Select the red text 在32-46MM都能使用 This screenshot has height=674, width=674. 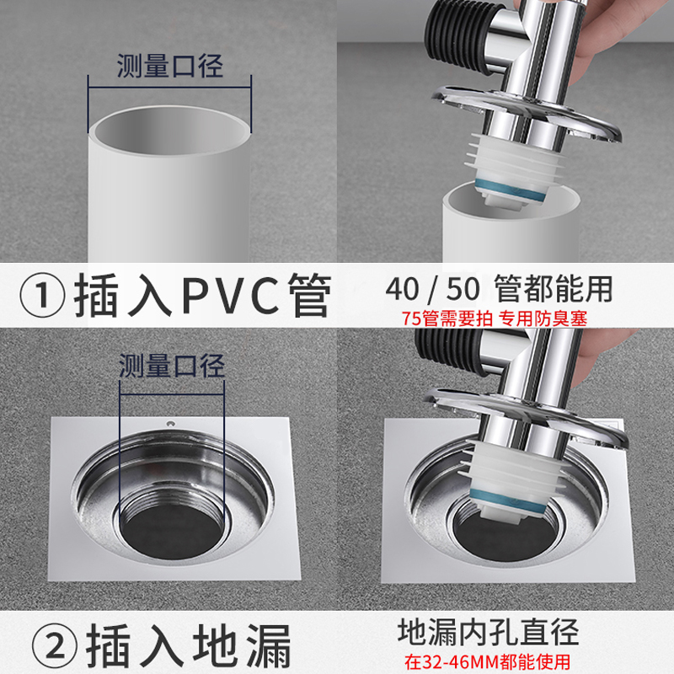[x=495, y=661]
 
